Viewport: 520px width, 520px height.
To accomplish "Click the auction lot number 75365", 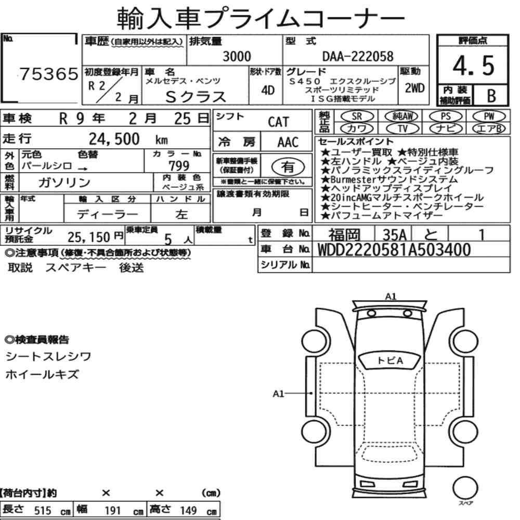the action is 49,74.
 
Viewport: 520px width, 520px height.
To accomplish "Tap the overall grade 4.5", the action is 473,66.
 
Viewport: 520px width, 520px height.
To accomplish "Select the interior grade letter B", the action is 491,96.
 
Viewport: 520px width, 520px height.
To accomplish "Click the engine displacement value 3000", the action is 237,56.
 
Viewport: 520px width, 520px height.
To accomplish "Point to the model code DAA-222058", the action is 358,56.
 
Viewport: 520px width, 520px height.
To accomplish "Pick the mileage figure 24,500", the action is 114,139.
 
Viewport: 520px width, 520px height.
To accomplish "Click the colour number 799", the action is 179,165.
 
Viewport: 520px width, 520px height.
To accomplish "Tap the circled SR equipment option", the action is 357,116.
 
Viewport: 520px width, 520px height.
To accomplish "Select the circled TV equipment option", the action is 402,128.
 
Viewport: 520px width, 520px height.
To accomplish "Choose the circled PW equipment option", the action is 489,116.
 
